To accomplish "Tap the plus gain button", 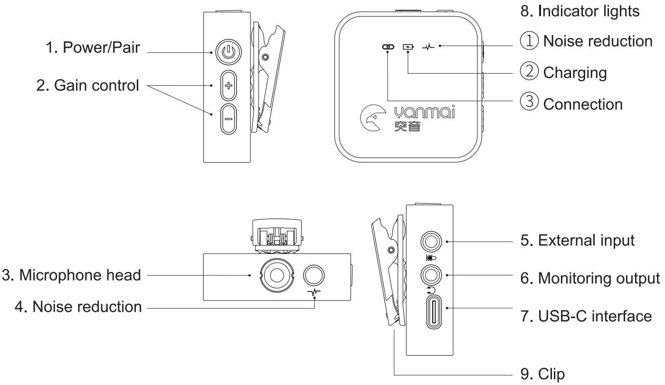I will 228,86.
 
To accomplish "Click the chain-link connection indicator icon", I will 388,47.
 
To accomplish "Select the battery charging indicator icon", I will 408,47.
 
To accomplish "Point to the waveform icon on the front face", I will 428,47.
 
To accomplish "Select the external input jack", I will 432,242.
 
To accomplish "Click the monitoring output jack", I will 432,275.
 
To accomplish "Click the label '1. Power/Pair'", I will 94,47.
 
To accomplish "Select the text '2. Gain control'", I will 88,85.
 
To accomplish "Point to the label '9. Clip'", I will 543,374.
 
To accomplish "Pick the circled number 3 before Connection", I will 529,103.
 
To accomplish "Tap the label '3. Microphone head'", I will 71,275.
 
